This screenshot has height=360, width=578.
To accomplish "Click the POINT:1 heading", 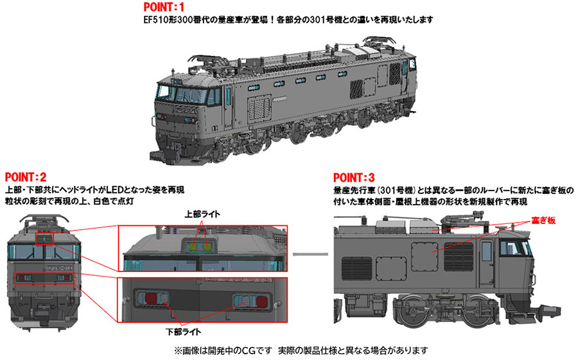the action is point(164,7).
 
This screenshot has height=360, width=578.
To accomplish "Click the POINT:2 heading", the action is point(26,177).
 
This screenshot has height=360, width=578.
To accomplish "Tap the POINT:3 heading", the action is point(354,178).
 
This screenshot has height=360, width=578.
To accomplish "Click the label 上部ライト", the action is point(202,214).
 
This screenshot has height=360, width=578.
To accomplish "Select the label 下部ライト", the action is point(184,332).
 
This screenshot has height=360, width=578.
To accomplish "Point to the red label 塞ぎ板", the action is point(543,221).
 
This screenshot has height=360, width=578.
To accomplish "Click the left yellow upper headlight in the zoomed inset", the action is point(193,246).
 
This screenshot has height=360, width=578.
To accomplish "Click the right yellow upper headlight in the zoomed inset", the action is point(208,246).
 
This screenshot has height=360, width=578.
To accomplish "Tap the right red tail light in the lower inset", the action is point(261,301).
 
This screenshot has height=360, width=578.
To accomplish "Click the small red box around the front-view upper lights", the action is point(44,239).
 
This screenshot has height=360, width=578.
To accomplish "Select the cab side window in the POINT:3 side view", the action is point(513,248).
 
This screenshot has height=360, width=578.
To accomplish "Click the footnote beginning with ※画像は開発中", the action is point(301,350).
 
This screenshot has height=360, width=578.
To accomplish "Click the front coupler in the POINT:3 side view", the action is point(550,309).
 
